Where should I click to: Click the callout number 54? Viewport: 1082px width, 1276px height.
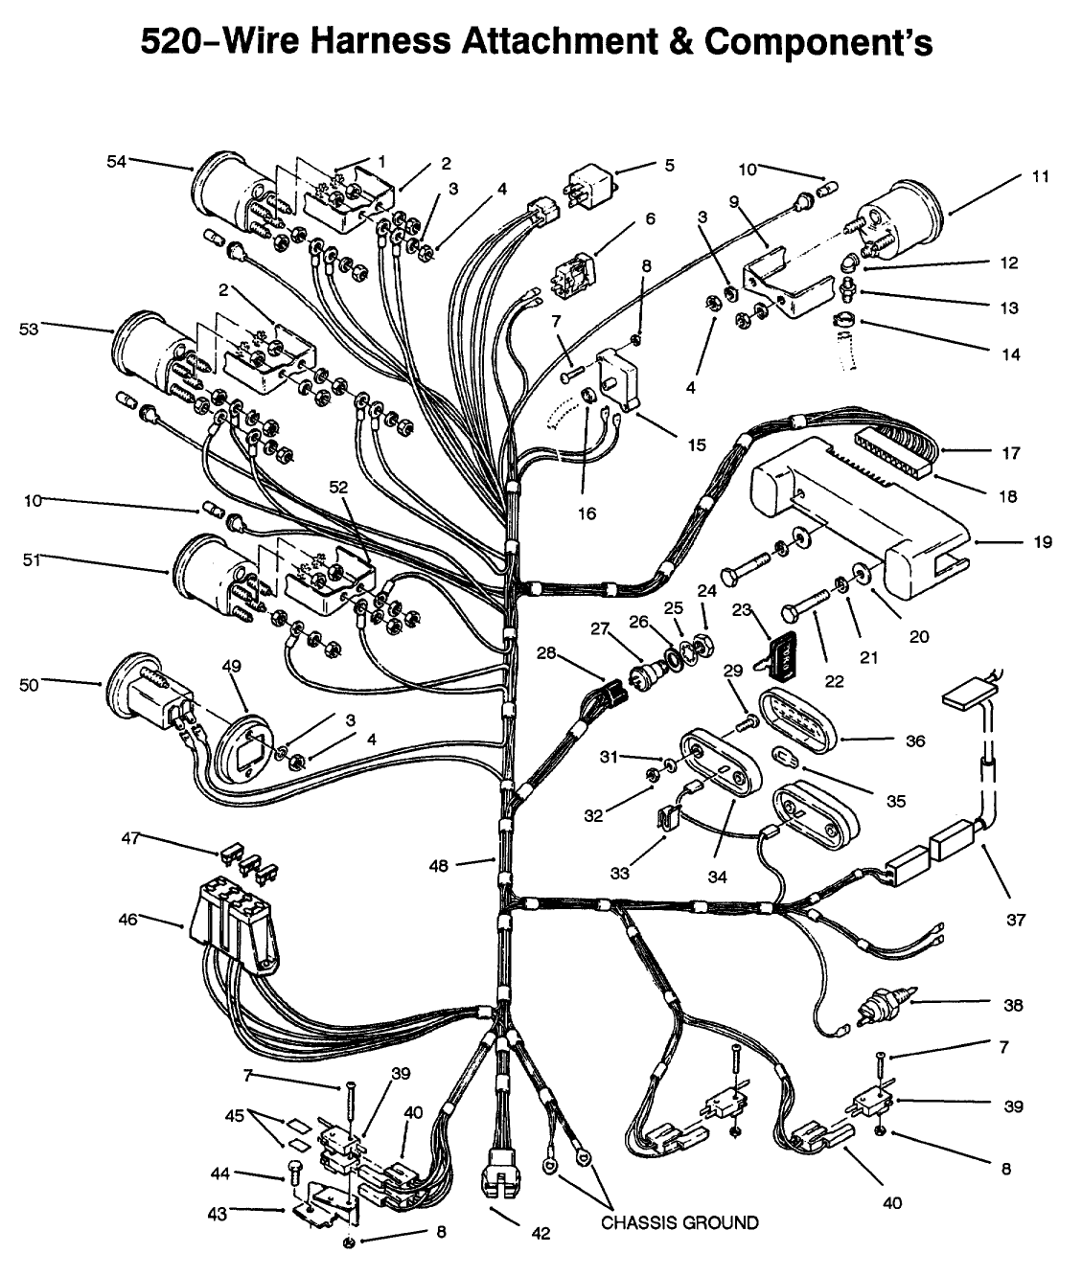116,162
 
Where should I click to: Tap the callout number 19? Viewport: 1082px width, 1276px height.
1043,542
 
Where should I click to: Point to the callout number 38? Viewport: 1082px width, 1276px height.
1013,1005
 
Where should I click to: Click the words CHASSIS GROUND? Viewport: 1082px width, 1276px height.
679,1222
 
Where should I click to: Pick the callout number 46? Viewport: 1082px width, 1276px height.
127,920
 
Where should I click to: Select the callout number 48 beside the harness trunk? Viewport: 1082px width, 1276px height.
439,866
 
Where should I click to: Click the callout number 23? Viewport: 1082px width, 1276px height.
741,610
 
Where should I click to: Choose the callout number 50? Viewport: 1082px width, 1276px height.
29,685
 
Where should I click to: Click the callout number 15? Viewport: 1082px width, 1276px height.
697,444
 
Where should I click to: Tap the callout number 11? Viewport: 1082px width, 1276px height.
1041,176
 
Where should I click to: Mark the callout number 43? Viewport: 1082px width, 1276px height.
218,1215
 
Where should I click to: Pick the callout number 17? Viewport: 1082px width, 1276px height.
1010,453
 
